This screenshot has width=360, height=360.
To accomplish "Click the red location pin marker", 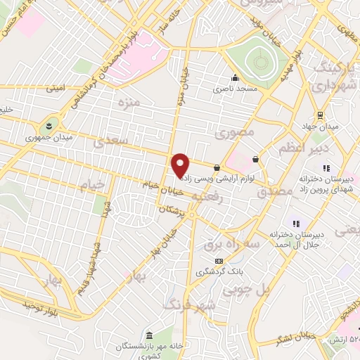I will pos(181,166).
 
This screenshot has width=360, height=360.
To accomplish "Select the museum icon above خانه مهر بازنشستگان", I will pos(148,334).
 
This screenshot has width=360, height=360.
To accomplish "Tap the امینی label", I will pos(54,89).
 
